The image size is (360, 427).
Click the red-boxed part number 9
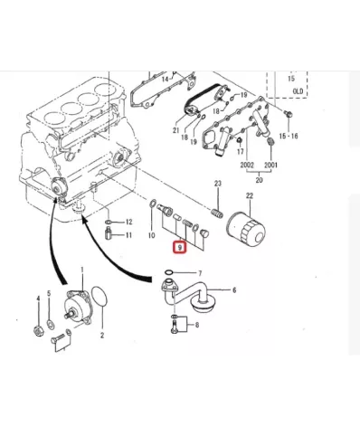click(181, 246)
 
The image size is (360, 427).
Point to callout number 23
click(217, 185)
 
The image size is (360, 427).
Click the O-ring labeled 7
click(169, 273)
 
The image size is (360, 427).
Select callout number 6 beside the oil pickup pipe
click(233, 290)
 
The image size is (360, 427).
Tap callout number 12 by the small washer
click(128, 222)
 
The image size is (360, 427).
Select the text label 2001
click(271, 166)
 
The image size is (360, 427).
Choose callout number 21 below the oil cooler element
click(177, 130)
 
